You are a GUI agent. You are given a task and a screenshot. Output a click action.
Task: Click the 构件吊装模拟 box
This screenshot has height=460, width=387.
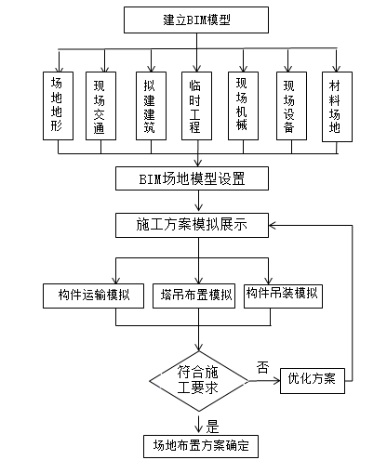283,295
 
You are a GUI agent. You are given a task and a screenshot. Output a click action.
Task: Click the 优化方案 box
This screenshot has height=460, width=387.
313,379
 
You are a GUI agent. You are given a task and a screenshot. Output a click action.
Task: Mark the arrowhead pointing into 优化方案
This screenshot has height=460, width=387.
274,379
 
